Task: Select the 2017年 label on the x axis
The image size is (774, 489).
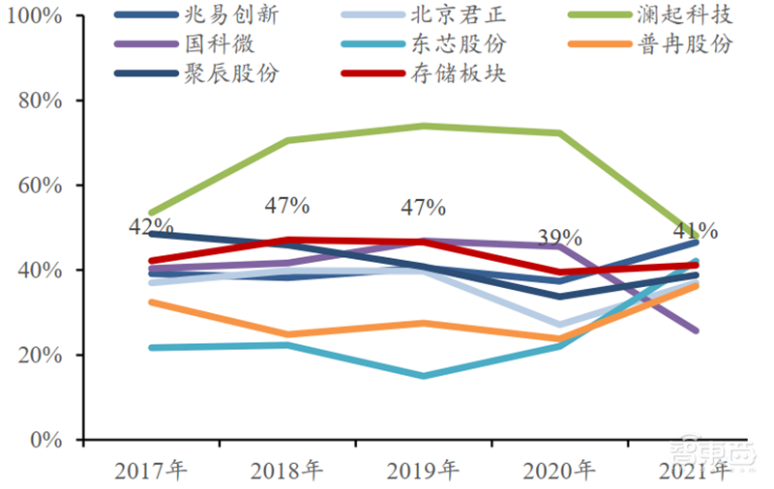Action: [150, 471]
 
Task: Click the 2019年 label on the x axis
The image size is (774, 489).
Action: [423, 471]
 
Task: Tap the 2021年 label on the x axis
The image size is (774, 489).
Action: [696, 471]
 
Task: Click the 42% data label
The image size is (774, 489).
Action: [152, 227]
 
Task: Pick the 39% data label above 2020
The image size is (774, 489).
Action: [560, 238]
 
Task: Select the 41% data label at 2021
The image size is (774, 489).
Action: [696, 231]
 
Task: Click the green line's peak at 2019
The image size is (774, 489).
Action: [423, 126]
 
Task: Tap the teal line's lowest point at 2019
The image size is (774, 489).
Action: [423, 376]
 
